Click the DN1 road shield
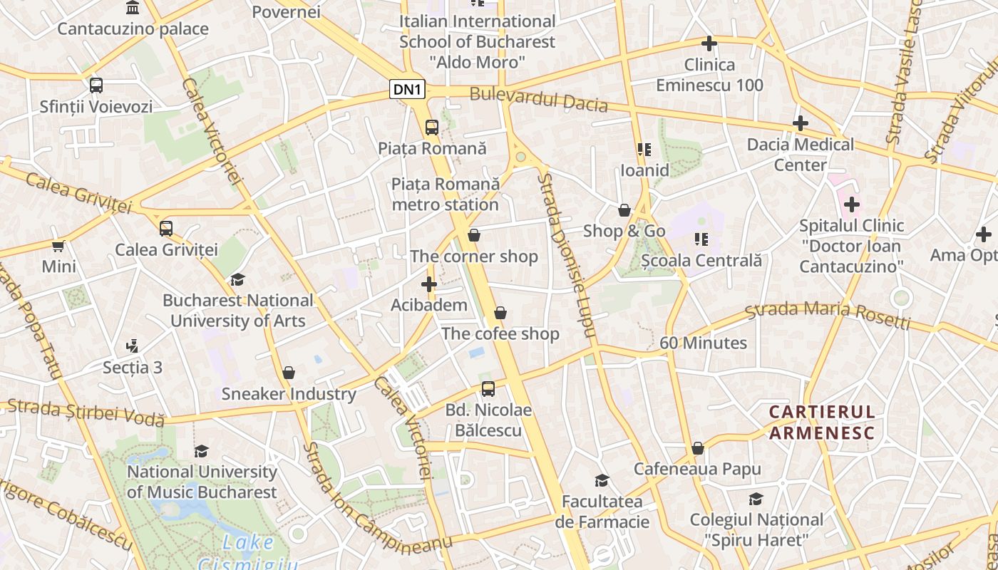click(x=408, y=89)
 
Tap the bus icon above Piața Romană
click(x=431, y=128)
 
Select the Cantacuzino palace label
click(x=133, y=28)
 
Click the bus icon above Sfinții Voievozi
click(x=96, y=85)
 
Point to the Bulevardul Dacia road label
click(x=538, y=99)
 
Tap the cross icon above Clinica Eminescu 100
click(x=709, y=43)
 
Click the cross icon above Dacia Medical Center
click(x=801, y=123)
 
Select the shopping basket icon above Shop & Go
click(x=624, y=210)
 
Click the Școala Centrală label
click(x=701, y=261)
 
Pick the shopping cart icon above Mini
click(x=58, y=246)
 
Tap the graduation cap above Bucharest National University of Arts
click(x=237, y=279)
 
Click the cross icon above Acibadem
click(x=429, y=284)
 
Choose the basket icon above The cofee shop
click(x=500, y=313)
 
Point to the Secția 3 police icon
click(x=132, y=346)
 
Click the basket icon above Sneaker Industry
click(x=289, y=373)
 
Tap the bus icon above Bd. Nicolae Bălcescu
click(x=488, y=389)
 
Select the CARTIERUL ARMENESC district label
click(x=821, y=422)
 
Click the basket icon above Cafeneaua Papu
click(x=698, y=448)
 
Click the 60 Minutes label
click(x=703, y=343)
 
